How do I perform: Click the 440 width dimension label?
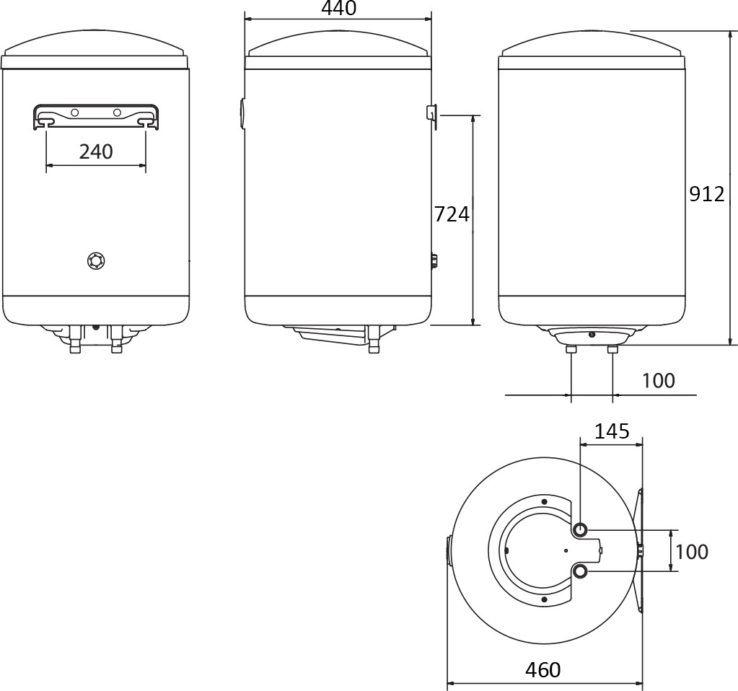click(x=338, y=8)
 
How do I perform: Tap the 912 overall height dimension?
click(x=707, y=194)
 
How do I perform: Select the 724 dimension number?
click(x=452, y=214)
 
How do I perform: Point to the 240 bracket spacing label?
click(x=96, y=151)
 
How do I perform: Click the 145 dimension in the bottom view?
click(x=612, y=431)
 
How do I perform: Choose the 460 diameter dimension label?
click(x=543, y=669)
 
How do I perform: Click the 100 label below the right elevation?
click(x=659, y=380)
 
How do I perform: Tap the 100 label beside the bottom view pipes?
click(x=692, y=552)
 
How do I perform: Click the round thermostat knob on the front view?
click(x=97, y=260)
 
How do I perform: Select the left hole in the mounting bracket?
click(x=74, y=113)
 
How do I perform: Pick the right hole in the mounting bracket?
click(x=117, y=113)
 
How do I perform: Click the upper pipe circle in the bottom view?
click(x=581, y=529)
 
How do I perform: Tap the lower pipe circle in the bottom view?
click(x=581, y=571)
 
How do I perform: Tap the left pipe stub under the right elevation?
click(x=571, y=349)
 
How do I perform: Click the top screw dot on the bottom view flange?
click(x=544, y=502)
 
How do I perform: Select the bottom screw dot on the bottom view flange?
click(x=544, y=599)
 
